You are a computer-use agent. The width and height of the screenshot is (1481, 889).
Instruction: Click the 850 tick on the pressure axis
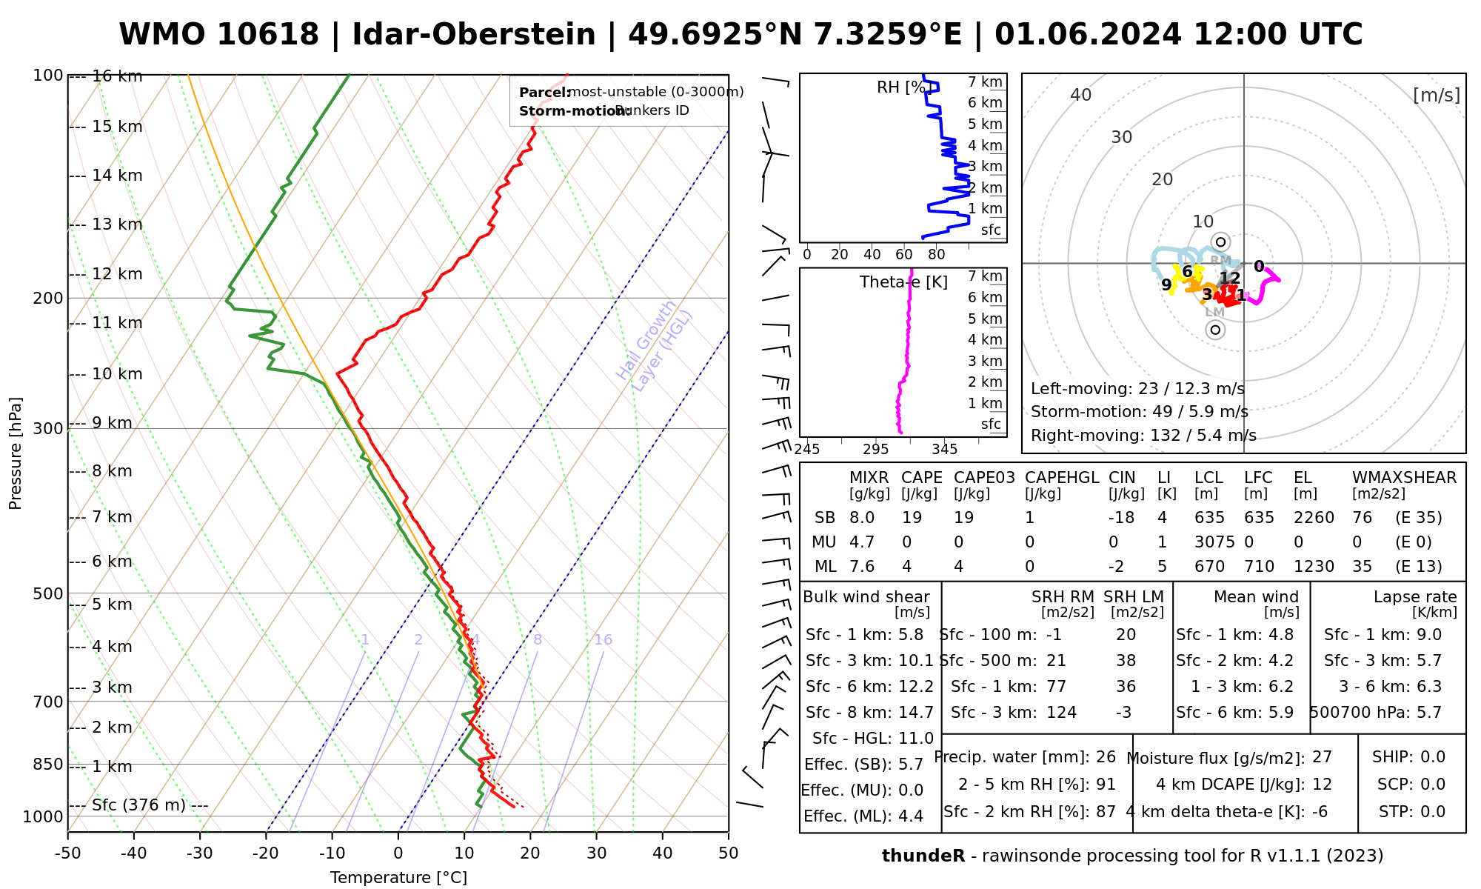[47, 764]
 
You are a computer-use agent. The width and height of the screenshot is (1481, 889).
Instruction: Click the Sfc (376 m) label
[138, 805]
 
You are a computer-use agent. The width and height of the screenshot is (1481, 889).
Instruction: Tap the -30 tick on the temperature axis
[200, 853]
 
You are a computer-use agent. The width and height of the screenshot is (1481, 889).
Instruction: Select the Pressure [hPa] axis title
[16, 453]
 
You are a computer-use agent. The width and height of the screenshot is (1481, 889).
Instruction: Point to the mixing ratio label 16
[603, 640]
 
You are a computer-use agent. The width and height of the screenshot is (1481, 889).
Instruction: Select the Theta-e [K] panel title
[903, 282]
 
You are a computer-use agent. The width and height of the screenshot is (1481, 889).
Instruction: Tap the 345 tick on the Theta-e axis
[944, 450]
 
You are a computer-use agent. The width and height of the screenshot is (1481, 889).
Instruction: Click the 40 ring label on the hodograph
[1081, 95]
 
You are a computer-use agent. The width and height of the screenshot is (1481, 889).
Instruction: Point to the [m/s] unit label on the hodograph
[1437, 95]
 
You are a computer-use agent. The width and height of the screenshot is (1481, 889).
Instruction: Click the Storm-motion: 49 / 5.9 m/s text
[1139, 412]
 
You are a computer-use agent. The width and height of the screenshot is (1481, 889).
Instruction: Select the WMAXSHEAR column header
[1404, 478]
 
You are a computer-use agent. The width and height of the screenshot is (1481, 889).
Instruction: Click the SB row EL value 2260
[1314, 518]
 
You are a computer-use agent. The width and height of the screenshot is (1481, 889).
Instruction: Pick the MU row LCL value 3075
[1214, 542]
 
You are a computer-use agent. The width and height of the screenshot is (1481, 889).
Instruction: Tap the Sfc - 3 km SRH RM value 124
[1061, 713]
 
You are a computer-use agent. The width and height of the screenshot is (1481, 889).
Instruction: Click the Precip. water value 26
[1106, 757]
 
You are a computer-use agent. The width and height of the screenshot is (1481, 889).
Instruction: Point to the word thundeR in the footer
[923, 856]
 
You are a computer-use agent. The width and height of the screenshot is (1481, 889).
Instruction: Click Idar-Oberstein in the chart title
[473, 35]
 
